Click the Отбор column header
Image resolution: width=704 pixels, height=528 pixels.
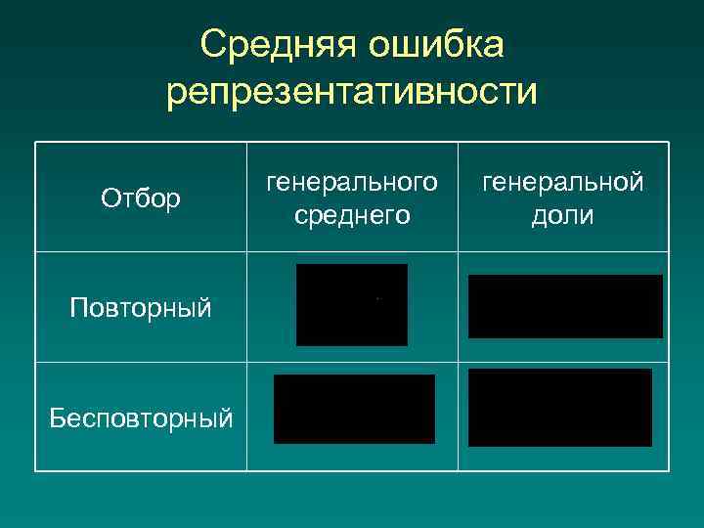point(141,199)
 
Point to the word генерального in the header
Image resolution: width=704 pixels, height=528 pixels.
point(352,182)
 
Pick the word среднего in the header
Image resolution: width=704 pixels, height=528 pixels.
point(352,215)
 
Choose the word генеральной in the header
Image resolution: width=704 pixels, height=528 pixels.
point(562,182)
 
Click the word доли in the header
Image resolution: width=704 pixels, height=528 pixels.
point(562,215)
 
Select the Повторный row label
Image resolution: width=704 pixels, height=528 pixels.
point(141,309)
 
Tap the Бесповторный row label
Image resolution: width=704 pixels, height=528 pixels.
point(142,418)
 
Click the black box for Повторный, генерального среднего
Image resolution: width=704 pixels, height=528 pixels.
point(352,304)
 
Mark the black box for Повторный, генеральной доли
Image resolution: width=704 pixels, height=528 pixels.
point(565,306)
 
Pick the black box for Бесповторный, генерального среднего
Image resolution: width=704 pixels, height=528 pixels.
point(354,409)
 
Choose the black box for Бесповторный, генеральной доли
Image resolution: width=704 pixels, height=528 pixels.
point(560,408)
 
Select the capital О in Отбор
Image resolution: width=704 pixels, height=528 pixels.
point(109,199)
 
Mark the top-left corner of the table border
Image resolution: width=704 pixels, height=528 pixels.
point(36,143)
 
